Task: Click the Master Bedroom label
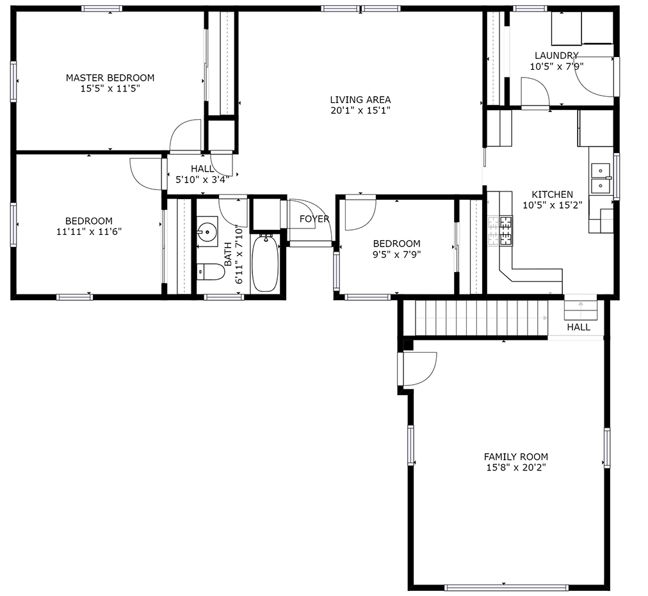click(110, 78)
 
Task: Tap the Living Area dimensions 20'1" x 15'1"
click(360, 110)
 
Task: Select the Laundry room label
click(556, 56)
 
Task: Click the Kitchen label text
click(552, 195)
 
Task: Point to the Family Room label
click(515, 457)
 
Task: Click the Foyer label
click(314, 219)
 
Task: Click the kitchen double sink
click(601, 179)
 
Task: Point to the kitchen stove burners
click(501, 230)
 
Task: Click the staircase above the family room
click(480, 318)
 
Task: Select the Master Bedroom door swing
click(186, 135)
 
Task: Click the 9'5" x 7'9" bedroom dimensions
click(396, 254)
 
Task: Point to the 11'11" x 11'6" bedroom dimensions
click(88, 232)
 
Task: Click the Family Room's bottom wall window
click(506, 586)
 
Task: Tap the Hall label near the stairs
click(578, 327)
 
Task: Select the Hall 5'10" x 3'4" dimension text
click(202, 180)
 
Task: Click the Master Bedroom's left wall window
click(13, 81)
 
